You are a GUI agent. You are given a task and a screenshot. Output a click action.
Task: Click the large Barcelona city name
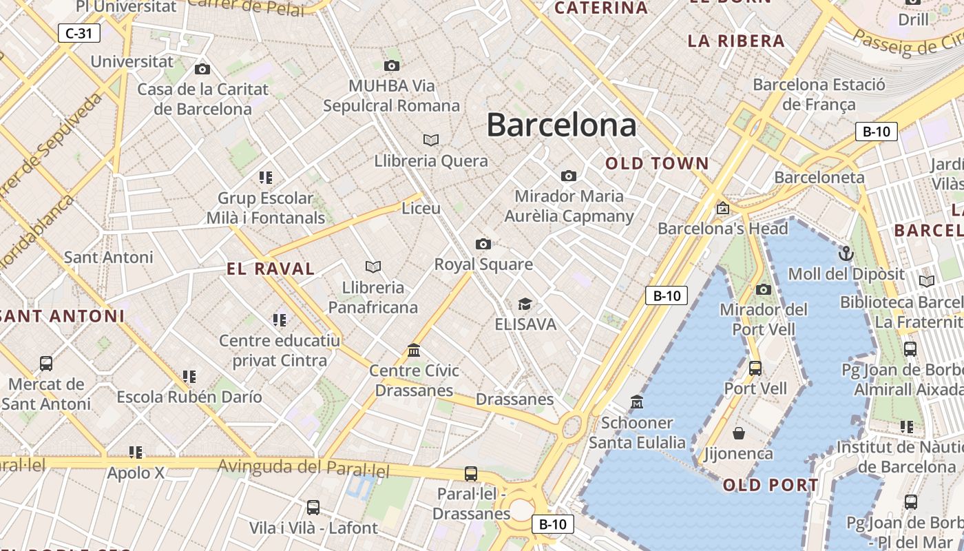click(x=561, y=125)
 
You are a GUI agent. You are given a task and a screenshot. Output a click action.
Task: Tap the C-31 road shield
click(x=79, y=32)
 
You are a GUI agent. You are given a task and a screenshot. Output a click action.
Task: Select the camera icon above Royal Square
click(x=483, y=244)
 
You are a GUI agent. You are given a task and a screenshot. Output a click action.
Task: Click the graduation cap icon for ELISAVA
click(x=525, y=304)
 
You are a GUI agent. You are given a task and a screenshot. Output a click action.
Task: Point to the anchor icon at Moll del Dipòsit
click(x=846, y=253)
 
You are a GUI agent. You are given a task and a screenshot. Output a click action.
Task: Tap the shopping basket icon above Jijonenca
click(x=739, y=433)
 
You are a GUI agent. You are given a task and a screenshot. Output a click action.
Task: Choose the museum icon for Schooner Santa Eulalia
click(x=637, y=402)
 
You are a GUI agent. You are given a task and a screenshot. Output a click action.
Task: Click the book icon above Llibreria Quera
click(x=431, y=141)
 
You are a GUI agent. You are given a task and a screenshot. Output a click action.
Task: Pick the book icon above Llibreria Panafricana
click(x=373, y=267)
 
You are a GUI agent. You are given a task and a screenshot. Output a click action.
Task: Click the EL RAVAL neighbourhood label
click(x=271, y=269)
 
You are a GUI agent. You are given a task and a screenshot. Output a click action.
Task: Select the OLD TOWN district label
click(x=657, y=163)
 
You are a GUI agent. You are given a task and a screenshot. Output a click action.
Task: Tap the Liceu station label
click(x=421, y=208)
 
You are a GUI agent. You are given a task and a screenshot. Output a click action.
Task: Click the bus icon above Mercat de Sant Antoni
click(x=46, y=363)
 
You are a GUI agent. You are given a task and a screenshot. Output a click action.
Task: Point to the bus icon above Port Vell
click(x=755, y=368)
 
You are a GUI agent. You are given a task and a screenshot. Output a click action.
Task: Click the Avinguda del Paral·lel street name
click(x=304, y=468)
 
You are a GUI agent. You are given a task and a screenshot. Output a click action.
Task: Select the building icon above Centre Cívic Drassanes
click(x=414, y=351)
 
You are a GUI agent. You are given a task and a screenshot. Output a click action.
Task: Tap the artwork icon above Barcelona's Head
click(x=722, y=208)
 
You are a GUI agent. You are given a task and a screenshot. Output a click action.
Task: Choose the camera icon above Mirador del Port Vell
click(x=764, y=289)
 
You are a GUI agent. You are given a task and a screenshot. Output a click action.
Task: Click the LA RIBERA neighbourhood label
click(x=736, y=41)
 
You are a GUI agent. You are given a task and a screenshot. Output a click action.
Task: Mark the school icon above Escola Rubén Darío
click(x=189, y=377)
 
